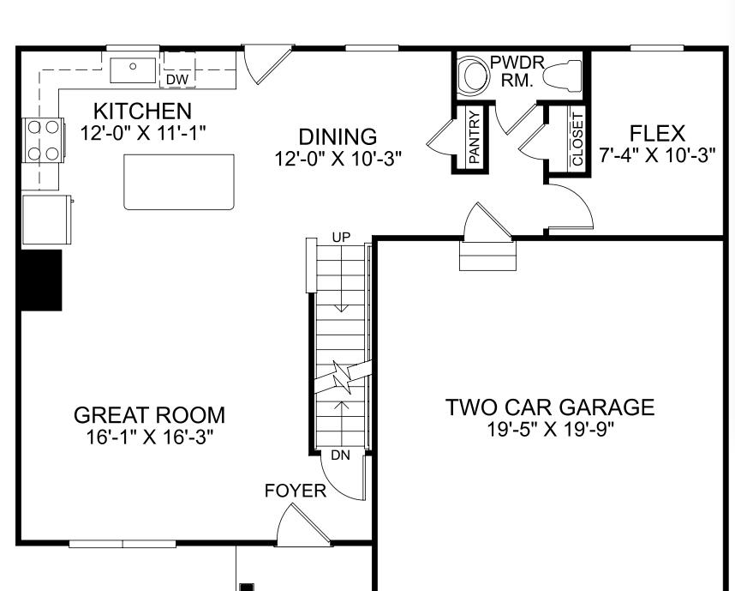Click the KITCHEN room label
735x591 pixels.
tap(142, 111)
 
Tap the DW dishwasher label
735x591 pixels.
tap(177, 80)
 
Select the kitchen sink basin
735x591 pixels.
tap(133, 66)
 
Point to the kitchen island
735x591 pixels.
tap(179, 181)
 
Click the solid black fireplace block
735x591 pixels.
tap(41, 280)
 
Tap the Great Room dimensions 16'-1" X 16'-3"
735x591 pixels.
tap(149, 437)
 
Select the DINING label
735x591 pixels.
tap(338, 136)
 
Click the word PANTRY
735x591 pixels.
tap(474, 137)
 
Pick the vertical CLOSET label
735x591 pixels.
tap(577, 139)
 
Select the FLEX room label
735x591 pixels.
tap(657, 134)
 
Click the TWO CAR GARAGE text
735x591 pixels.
tap(549, 407)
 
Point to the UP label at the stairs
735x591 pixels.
tap(340, 236)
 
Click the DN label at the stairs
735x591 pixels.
tap(340, 455)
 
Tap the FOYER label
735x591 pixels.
tap(296, 491)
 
